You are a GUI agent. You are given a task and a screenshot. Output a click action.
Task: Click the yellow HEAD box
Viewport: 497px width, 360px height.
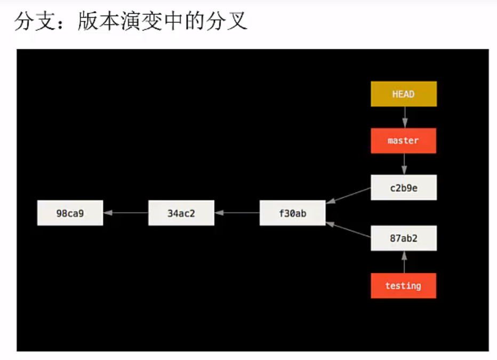pos(404,94)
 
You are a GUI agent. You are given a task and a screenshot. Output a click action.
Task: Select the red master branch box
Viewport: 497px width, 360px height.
pos(404,141)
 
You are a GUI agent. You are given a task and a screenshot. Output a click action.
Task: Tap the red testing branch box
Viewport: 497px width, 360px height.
pos(404,286)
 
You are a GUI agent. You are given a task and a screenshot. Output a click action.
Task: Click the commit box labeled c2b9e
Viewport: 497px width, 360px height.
pos(404,188)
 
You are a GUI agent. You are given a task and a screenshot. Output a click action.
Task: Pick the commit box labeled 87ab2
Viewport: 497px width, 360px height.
pos(404,238)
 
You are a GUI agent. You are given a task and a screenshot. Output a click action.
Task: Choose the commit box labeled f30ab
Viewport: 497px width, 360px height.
pos(292,213)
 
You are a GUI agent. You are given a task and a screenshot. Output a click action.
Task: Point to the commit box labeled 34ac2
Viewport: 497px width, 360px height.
pos(181,213)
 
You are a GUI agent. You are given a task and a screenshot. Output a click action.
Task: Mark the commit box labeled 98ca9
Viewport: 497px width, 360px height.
pos(70,213)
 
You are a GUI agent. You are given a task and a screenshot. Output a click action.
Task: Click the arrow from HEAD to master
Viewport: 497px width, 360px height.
pos(404,117)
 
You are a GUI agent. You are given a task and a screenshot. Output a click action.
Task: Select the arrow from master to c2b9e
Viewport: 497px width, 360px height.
pos(404,164)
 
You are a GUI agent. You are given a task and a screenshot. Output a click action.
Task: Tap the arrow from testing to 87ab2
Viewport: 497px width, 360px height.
pos(404,262)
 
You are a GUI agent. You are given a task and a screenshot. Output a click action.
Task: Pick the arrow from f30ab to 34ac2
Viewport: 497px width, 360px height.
pos(237,213)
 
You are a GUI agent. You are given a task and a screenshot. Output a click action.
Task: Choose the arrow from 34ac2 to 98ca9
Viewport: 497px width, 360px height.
pos(125,213)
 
